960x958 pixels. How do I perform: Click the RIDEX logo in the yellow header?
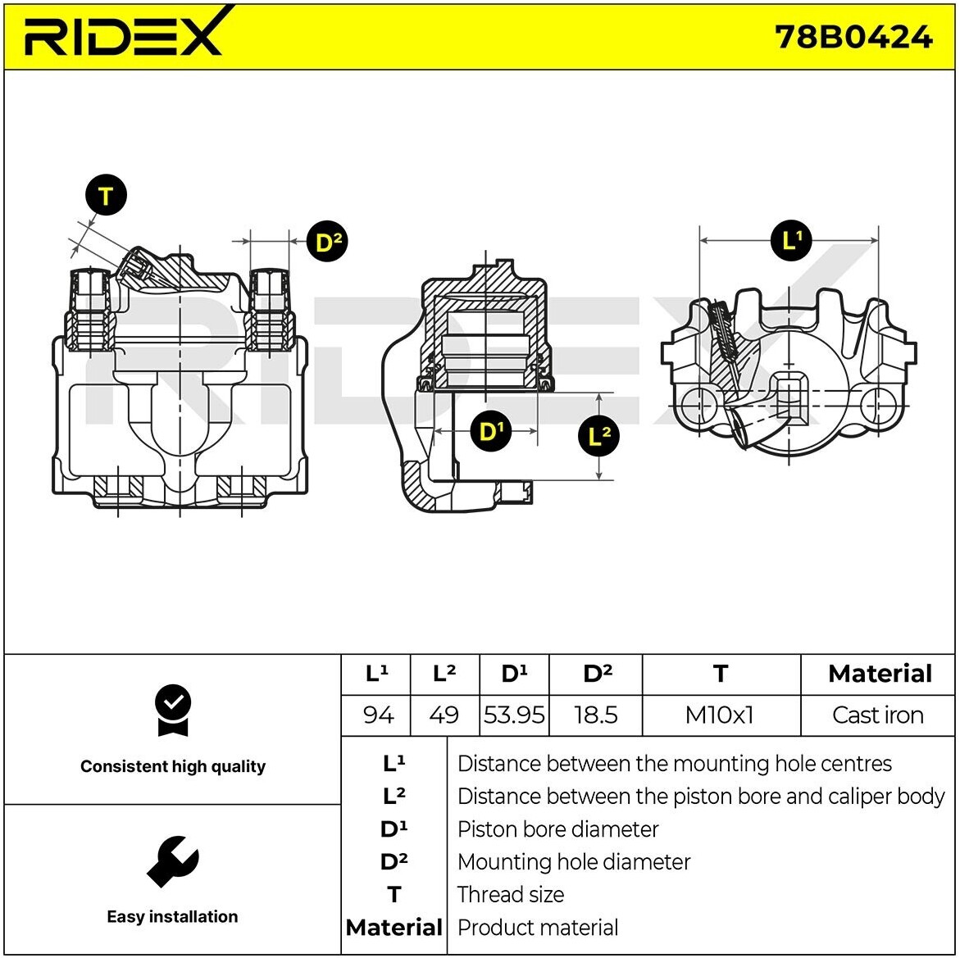pyautogui.click(x=124, y=34)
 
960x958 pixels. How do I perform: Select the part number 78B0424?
pyautogui.click(x=853, y=37)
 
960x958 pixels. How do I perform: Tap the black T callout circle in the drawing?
pyautogui.click(x=106, y=196)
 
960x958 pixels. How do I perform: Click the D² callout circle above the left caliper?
pyautogui.click(x=327, y=242)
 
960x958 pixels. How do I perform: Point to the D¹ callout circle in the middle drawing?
pyautogui.click(x=489, y=430)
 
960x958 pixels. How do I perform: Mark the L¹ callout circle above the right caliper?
pyautogui.click(x=791, y=240)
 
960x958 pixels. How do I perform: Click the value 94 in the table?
pyautogui.click(x=377, y=715)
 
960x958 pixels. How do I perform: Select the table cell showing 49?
pyautogui.click(x=444, y=715)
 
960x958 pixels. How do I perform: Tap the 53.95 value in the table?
pyautogui.click(x=514, y=715)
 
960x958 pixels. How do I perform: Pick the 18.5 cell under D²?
pyautogui.click(x=596, y=715)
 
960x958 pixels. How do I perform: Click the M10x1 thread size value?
pyautogui.click(x=719, y=715)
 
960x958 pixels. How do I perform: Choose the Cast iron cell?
pyautogui.click(x=877, y=715)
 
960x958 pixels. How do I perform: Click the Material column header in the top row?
pyautogui.click(x=880, y=674)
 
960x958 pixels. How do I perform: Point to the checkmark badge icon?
pyautogui.click(x=172, y=711)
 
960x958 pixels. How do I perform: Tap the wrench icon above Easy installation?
pyautogui.click(x=172, y=861)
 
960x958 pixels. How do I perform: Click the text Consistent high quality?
pyautogui.click(x=173, y=766)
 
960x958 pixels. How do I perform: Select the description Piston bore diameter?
pyautogui.click(x=557, y=829)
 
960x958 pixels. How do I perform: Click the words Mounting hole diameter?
pyautogui.click(x=574, y=862)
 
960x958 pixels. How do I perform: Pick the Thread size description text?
pyautogui.click(x=510, y=895)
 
